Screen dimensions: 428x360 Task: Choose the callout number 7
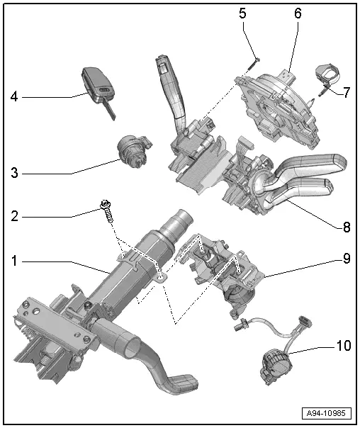click(347, 93)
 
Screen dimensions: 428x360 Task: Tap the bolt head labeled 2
click(105, 205)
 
